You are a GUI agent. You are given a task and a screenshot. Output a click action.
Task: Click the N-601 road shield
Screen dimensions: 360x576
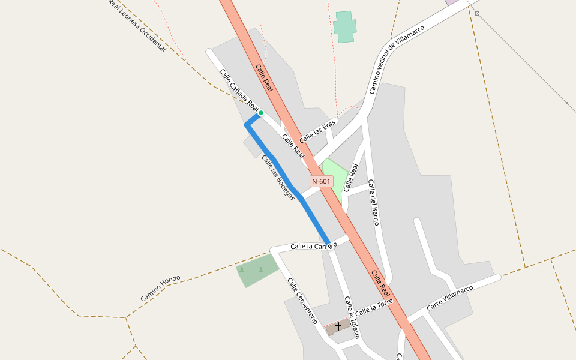[x=322, y=181]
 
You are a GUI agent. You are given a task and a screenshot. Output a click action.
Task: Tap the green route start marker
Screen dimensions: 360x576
[x=261, y=113]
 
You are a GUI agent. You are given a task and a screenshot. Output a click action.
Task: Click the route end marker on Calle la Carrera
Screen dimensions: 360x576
[x=329, y=247]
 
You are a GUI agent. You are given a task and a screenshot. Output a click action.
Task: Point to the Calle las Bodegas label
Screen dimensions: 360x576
[x=278, y=178]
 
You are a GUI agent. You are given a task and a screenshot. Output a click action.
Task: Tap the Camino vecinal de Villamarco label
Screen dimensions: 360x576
[x=396, y=59]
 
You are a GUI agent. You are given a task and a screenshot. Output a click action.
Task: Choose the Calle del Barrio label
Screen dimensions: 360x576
[x=373, y=202]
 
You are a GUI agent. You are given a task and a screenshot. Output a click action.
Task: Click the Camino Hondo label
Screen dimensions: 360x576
[x=160, y=289]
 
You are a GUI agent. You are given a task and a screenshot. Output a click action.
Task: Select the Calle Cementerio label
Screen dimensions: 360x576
[x=302, y=301]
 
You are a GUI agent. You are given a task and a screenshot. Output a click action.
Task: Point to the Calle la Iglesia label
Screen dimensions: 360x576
[x=352, y=317]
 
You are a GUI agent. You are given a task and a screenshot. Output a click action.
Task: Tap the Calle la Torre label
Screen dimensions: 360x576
[x=373, y=308]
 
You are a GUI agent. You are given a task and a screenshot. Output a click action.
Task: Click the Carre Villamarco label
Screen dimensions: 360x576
[x=449, y=298]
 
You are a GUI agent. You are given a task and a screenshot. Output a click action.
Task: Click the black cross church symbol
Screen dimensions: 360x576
[x=338, y=326]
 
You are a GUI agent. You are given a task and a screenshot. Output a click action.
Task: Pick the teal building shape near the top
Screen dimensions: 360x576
[x=345, y=26]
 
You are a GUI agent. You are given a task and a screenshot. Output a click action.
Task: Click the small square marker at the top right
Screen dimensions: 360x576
[x=477, y=13]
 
